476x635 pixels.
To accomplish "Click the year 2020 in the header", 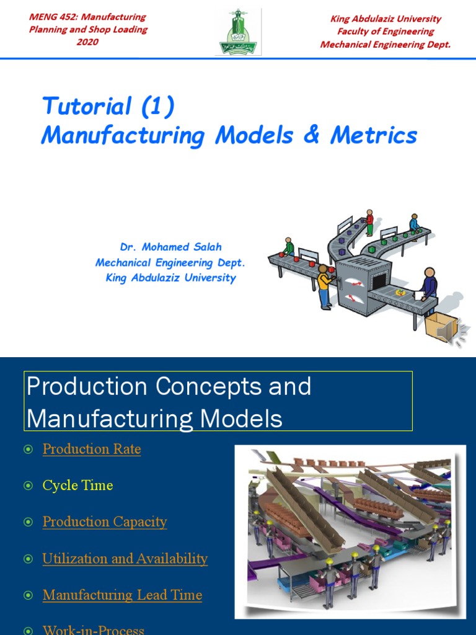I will pos(88,42).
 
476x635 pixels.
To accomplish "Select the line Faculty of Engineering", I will pos(385,31).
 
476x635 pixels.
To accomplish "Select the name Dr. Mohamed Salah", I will pos(170,247).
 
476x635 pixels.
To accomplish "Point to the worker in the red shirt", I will pos(369,222).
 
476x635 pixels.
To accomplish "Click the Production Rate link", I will pos(92,449).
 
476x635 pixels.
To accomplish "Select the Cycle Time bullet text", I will pos(77,486).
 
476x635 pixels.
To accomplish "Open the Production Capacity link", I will pos(105,522).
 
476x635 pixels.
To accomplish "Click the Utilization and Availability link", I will pos(125,559).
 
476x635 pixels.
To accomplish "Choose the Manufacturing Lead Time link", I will pos(122,595).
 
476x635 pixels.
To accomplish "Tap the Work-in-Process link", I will pos(93,630).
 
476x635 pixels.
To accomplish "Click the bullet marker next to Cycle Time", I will pos(28,486).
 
